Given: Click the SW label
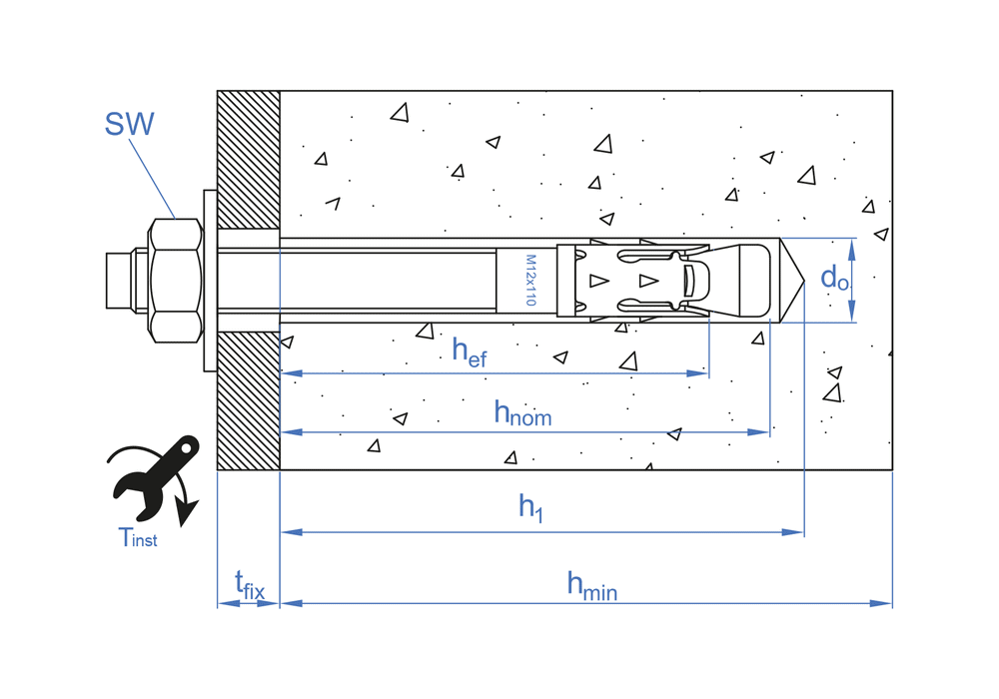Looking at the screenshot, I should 129,124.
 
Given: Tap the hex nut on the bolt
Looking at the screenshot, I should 176,279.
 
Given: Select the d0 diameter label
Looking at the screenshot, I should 834,278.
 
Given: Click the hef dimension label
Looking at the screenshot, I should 470,351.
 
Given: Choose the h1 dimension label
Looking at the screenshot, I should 530,507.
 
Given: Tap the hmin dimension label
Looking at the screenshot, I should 591,585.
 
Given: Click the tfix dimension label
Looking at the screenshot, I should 249,584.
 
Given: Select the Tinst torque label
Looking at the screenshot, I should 138,538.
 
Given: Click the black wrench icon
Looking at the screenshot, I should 155,475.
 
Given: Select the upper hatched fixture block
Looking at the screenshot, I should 249,160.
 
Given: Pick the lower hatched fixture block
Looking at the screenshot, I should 249,399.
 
